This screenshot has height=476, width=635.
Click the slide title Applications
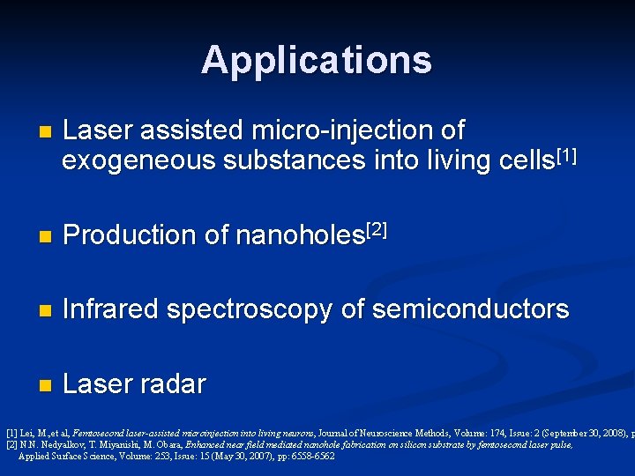(x=317, y=60)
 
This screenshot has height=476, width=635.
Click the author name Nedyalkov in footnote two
(x=54, y=445)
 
